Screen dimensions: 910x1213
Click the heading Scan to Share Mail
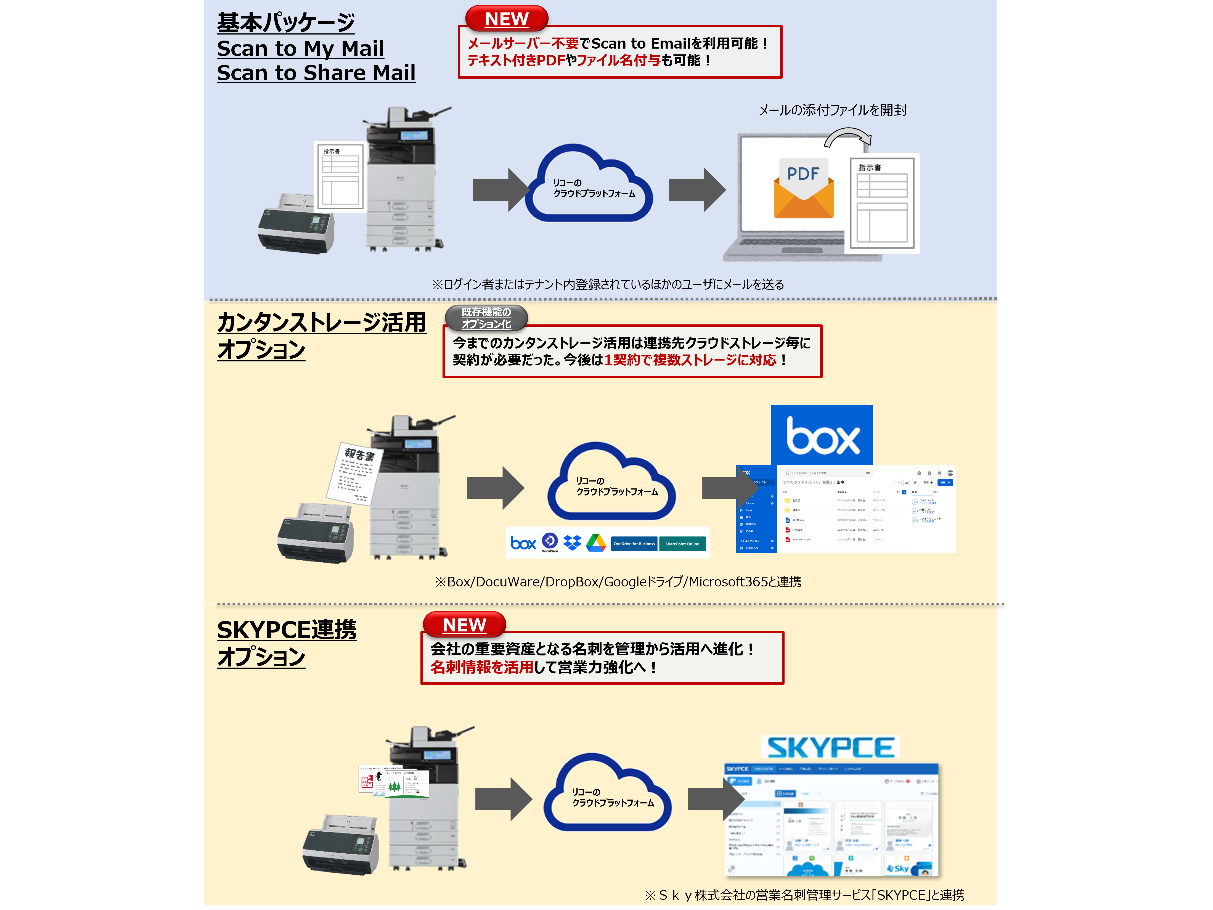(316, 73)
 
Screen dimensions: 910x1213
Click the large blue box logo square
(822, 435)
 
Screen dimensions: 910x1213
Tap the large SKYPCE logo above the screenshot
(830, 747)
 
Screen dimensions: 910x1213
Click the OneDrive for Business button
(634, 544)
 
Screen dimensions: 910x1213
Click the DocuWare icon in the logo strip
(549, 542)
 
